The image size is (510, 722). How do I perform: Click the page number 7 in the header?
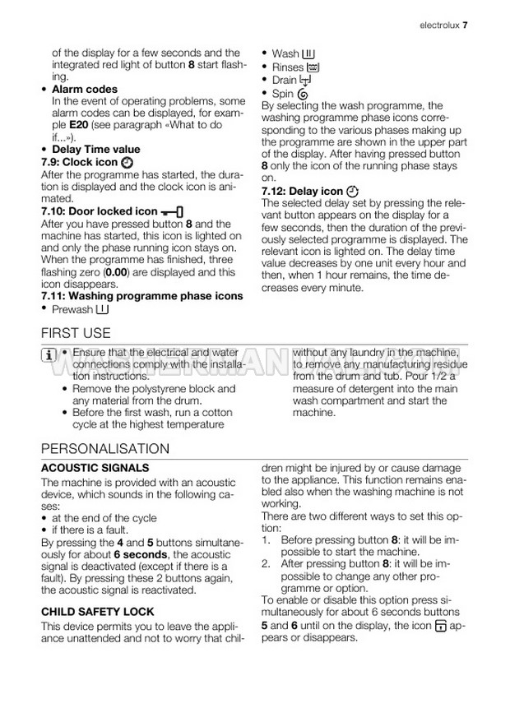pyautogui.click(x=465, y=25)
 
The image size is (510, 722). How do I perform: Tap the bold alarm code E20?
pyautogui.click(x=79, y=125)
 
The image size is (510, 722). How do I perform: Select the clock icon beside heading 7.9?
pyautogui.click(x=126, y=163)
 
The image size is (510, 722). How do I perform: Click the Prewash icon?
pyautogui.click(x=100, y=309)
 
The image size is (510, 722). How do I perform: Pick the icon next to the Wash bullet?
pyautogui.click(x=308, y=53)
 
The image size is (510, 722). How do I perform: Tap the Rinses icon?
pyautogui.click(x=313, y=67)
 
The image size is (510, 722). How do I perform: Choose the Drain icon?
pyautogui.click(x=306, y=81)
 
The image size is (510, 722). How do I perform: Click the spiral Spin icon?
pyautogui.click(x=303, y=95)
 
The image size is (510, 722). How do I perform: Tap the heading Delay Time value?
pyautogui.click(x=95, y=150)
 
